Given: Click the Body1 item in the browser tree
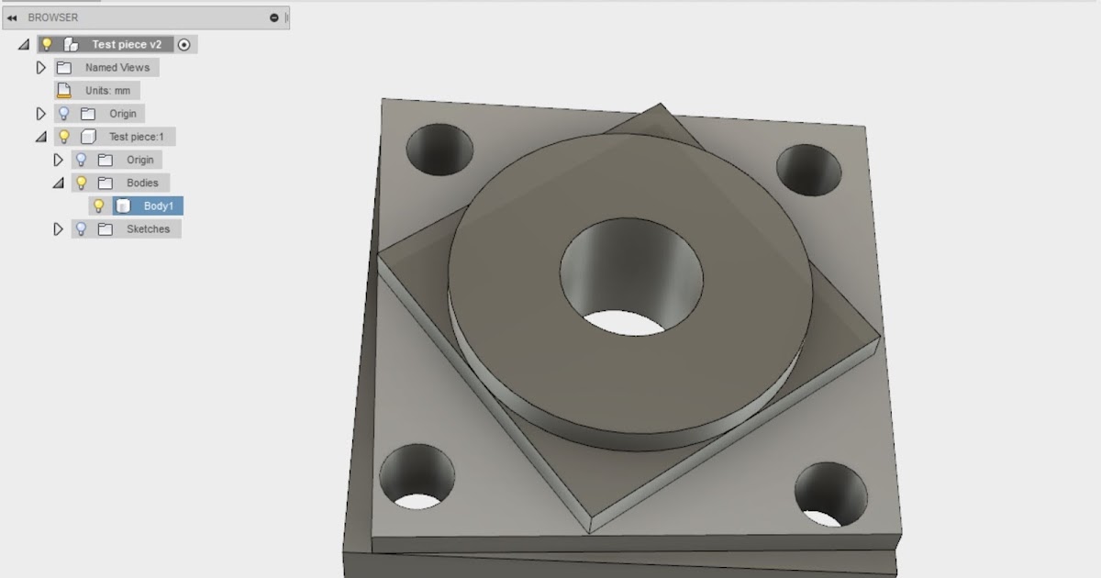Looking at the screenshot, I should click(x=158, y=206).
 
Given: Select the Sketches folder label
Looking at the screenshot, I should click(x=148, y=228).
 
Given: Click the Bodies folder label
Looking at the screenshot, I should click(x=142, y=183).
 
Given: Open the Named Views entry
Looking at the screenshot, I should click(x=117, y=67).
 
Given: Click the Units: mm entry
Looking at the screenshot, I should click(x=107, y=90).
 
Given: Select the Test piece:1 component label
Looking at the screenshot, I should click(x=136, y=137).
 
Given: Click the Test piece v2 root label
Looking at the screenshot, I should click(x=127, y=44).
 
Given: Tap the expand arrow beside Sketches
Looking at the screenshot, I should click(x=59, y=228).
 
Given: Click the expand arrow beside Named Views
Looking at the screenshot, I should click(x=40, y=67).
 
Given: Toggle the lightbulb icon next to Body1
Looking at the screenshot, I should click(x=99, y=206).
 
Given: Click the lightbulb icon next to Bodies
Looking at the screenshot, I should click(x=82, y=183).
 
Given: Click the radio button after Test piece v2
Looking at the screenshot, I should click(x=184, y=44).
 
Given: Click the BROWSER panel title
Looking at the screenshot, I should click(x=53, y=17).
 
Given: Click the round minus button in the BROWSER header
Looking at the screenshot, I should click(x=273, y=17).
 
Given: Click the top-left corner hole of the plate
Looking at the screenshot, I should click(x=439, y=150).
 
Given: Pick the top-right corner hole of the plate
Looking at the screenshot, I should click(x=808, y=171).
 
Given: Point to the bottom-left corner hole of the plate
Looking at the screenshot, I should click(x=417, y=476).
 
